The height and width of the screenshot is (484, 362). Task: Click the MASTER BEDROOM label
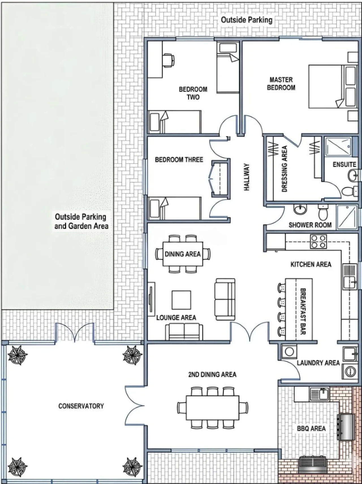click(x=281, y=84)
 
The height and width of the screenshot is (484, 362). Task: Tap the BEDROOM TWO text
click(x=193, y=93)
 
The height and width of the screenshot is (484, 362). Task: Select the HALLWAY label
click(x=247, y=177)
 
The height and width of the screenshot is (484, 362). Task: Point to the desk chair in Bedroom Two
click(x=168, y=60)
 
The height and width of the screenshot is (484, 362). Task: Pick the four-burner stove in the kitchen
click(x=319, y=242)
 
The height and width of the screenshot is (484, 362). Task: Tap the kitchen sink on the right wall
click(x=350, y=276)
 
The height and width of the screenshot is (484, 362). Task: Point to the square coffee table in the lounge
click(x=181, y=300)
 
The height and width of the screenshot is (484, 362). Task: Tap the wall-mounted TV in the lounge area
click(x=151, y=299)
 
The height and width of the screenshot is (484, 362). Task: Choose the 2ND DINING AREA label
click(x=212, y=375)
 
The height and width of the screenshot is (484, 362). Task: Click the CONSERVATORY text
click(x=81, y=406)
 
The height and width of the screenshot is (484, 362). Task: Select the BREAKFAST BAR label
click(x=303, y=311)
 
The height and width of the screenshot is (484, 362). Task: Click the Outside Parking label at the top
click(x=247, y=20)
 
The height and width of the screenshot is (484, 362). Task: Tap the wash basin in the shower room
click(x=300, y=210)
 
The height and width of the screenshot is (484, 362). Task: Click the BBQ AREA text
click(x=311, y=429)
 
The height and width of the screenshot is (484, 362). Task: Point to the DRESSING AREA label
click(x=285, y=169)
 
